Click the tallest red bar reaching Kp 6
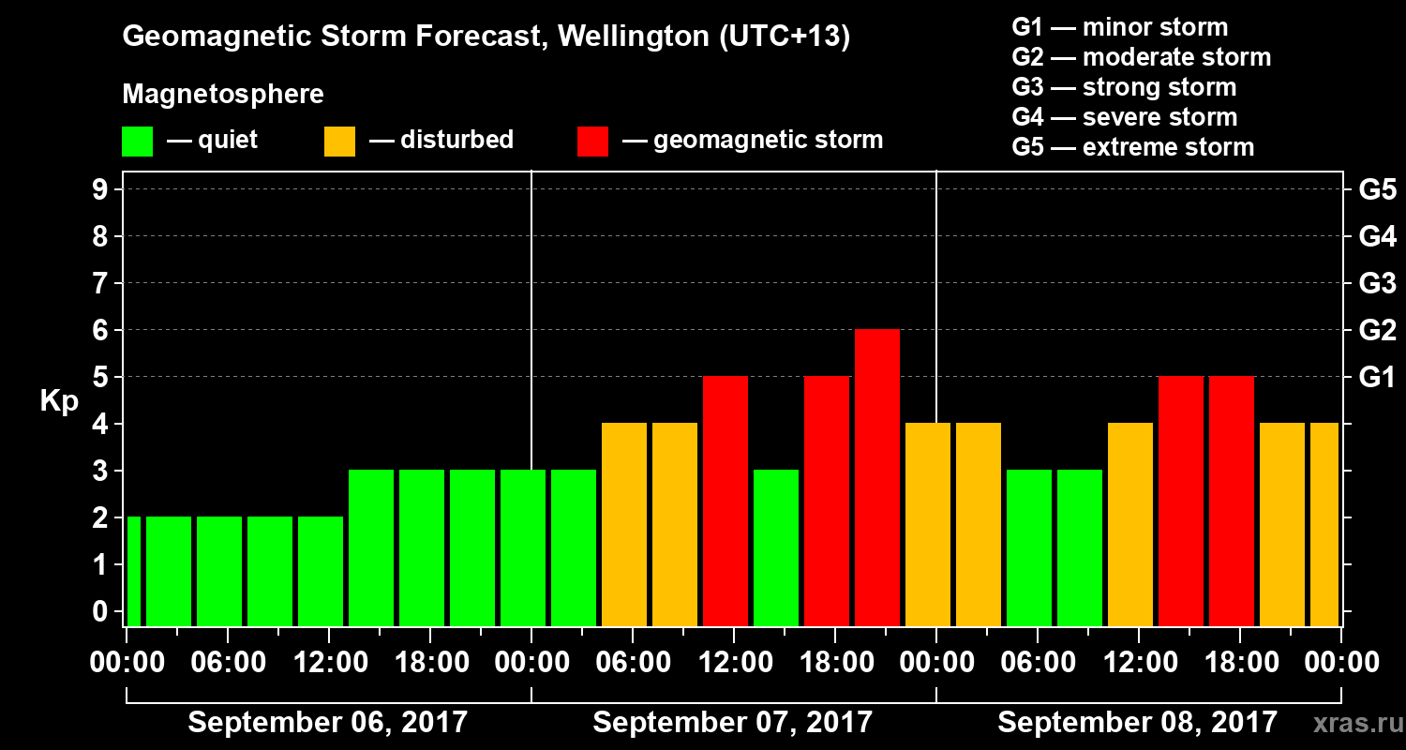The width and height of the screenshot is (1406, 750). coord(877,477)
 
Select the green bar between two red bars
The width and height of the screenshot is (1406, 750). coord(776,547)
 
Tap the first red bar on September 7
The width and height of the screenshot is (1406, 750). coord(725,501)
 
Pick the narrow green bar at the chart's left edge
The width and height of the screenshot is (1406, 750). coord(133,571)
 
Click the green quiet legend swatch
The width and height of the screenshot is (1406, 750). coord(137,142)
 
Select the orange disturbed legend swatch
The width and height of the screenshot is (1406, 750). coord(339,142)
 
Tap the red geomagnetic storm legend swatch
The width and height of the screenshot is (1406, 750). coord(593,142)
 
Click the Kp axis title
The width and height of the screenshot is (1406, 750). coord(58,402)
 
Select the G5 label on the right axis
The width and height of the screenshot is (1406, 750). coord(1377,190)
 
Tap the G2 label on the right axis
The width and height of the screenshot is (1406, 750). coord(1377,331)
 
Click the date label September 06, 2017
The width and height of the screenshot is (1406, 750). coord(328,723)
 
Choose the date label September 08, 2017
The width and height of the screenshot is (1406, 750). coord(1137,723)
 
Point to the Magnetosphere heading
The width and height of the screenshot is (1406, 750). coord(223,95)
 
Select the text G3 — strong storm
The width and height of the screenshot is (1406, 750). coord(1124,87)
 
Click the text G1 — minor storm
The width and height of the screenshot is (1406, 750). coord(1120,27)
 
